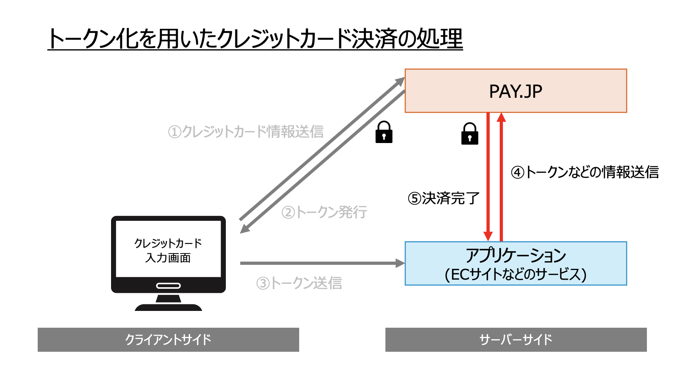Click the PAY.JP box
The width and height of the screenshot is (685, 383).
[515, 91]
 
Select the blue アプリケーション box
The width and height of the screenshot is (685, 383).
[515, 264]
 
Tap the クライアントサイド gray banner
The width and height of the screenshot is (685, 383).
[168, 340]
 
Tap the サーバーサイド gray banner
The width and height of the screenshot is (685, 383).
[516, 340]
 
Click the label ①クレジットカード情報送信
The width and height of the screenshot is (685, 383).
[245, 131]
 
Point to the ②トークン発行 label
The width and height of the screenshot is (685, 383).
[324, 212]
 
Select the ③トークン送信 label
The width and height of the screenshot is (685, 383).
[299, 283]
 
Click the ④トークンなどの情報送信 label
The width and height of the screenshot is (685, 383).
[585, 172]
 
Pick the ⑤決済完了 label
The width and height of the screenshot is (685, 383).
[444, 198]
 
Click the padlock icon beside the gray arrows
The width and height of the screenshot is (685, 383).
[384, 133]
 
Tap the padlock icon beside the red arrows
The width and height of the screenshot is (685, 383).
[470, 134]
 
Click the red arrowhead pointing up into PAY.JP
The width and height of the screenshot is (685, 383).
[501, 117]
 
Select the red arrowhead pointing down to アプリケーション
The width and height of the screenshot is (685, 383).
[488, 236]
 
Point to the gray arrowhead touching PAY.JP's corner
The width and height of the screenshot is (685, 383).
[400, 81]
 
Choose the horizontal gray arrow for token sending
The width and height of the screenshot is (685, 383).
[321, 263]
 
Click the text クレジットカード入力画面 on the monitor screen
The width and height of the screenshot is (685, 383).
[168, 250]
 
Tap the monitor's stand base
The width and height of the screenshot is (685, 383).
[168, 308]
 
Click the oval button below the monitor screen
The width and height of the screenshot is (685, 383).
[168, 286]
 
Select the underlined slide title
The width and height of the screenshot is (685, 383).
[255, 39]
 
